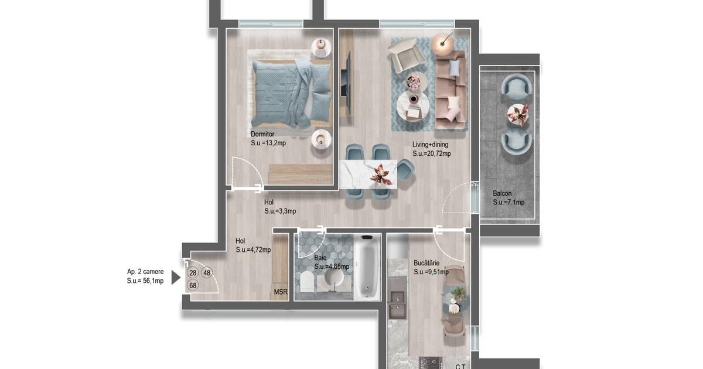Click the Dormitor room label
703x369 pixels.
click(x=262, y=134)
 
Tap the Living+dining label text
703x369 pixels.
click(x=430, y=145)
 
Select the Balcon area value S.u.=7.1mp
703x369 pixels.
click(x=509, y=203)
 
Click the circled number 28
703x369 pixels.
click(x=193, y=273)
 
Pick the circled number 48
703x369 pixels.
click(x=207, y=273)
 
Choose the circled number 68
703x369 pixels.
click(x=193, y=286)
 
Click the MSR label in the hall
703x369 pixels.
click(x=281, y=292)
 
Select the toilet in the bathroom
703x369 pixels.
click(x=307, y=281)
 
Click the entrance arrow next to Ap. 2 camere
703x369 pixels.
click(x=176, y=278)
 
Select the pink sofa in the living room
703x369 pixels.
click(x=450, y=90)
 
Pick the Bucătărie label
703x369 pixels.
click(x=426, y=263)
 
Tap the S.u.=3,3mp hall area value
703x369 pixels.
click(x=280, y=211)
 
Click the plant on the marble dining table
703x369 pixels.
click(x=381, y=175)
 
